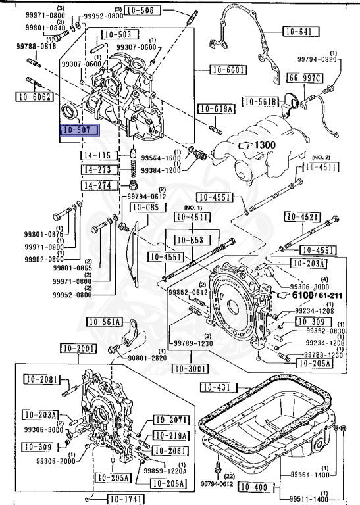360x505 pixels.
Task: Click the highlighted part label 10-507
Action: point(78,130)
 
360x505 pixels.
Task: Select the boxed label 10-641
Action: point(301,31)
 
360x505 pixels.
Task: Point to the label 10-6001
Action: point(227,70)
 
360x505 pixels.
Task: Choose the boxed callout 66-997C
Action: point(304,79)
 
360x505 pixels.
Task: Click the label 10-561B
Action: point(261,101)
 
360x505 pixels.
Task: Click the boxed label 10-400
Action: point(254,487)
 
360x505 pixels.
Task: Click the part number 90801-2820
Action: point(147,358)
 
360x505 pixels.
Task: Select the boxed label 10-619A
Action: point(215,109)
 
